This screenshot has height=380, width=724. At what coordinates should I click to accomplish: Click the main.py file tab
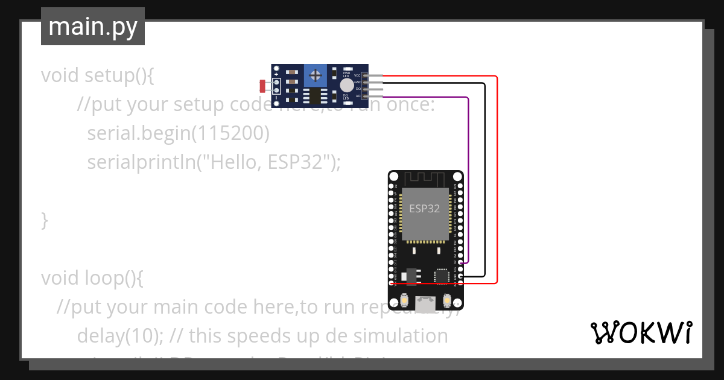(93, 27)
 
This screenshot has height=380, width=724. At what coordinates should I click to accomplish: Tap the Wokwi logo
(640, 332)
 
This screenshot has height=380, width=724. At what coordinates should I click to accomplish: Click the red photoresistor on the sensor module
(262, 86)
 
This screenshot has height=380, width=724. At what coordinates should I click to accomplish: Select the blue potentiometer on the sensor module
(314, 75)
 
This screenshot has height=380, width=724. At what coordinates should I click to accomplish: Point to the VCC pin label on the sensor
(357, 76)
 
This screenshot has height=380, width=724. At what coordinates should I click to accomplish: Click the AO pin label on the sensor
(358, 96)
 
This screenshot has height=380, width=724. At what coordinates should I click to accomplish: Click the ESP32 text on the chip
(424, 209)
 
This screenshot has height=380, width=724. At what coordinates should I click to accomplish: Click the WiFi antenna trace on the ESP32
(425, 179)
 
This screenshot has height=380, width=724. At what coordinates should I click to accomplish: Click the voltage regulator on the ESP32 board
(412, 276)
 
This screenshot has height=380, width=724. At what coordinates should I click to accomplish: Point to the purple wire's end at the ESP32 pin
(461, 263)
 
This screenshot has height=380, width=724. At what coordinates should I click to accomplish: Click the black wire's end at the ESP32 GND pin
(461, 276)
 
